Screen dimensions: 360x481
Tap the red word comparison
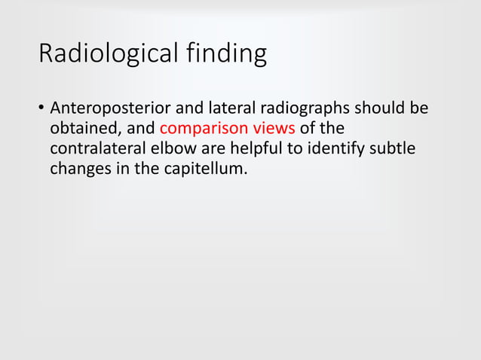pos(204,127)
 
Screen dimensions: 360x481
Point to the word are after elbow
pos(211,147)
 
